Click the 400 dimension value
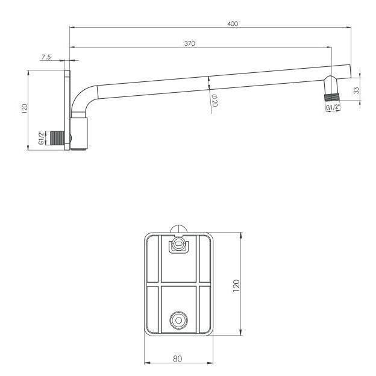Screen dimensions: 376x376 tap(233, 23)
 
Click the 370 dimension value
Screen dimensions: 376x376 tap(189, 43)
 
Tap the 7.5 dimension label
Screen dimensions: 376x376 tap(46, 57)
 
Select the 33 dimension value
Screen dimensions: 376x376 tap(357, 90)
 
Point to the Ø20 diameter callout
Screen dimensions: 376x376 tap(215, 100)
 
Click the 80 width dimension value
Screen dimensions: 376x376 tap(177, 359)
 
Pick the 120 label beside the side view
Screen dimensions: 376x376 tap(25, 109)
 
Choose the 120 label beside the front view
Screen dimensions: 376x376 tap(236, 286)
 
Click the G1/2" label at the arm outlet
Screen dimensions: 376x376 tap(333, 108)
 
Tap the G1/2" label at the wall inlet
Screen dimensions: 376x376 tap(42, 137)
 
